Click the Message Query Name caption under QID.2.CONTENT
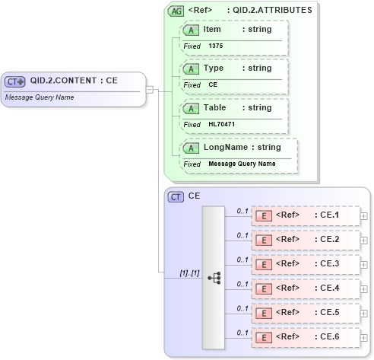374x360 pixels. (x=40, y=97)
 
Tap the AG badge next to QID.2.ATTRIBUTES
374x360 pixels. (x=176, y=11)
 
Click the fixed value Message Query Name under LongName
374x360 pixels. (x=242, y=164)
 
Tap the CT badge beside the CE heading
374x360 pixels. (x=176, y=196)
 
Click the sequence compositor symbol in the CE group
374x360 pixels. (x=214, y=278)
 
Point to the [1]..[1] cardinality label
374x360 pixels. (x=189, y=272)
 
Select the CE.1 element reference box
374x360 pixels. (x=306, y=215)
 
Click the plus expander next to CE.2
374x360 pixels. (x=364, y=240)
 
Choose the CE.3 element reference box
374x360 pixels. (x=306, y=264)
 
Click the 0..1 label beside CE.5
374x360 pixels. (x=242, y=307)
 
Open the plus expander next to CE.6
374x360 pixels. (x=364, y=337)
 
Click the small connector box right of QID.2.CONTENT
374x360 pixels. (x=150, y=89)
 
